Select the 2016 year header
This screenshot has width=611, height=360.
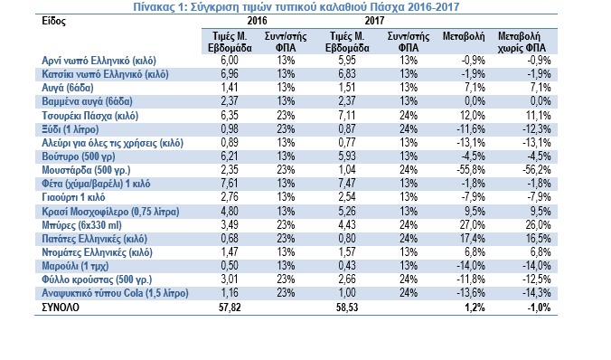pyautogui.click(x=258, y=21)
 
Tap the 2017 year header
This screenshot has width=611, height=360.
pyautogui.click(x=374, y=21)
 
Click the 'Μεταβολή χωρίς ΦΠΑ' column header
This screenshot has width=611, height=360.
pyautogui.click(x=522, y=43)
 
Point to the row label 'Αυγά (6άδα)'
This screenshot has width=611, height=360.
pyautogui.click(x=68, y=88)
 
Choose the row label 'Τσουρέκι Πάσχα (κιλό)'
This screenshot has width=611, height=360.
pyautogui.click(x=90, y=116)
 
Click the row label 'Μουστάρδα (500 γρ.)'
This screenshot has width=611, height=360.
pyautogui.click(x=86, y=170)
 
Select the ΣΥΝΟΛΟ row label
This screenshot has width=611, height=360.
pyautogui.click(x=61, y=308)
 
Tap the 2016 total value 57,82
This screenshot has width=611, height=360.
pyautogui.click(x=230, y=308)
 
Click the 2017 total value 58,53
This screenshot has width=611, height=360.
pyautogui.click(x=347, y=308)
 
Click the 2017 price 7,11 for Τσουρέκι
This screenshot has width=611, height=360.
pyautogui.click(x=347, y=116)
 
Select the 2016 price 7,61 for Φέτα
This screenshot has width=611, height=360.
pyautogui.click(x=230, y=184)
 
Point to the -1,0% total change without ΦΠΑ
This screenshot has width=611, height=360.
pyautogui.click(x=539, y=308)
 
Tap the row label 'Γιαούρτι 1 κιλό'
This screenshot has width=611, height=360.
pyautogui.click(x=73, y=197)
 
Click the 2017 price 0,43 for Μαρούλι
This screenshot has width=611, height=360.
pyautogui.click(x=347, y=266)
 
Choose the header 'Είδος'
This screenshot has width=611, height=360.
pyautogui.click(x=53, y=21)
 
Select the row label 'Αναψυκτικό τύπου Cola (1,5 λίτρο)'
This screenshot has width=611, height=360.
pyautogui.click(x=115, y=293)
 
